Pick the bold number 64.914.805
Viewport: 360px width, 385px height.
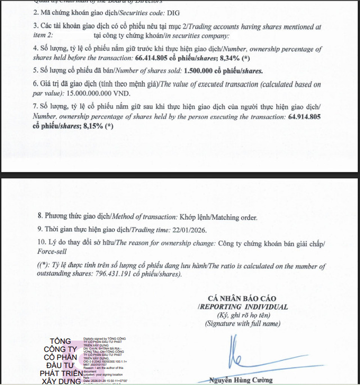[x=304, y=117]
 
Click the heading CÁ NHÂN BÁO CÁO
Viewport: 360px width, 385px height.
[x=242, y=298]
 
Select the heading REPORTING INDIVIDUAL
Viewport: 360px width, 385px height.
[x=245, y=307]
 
